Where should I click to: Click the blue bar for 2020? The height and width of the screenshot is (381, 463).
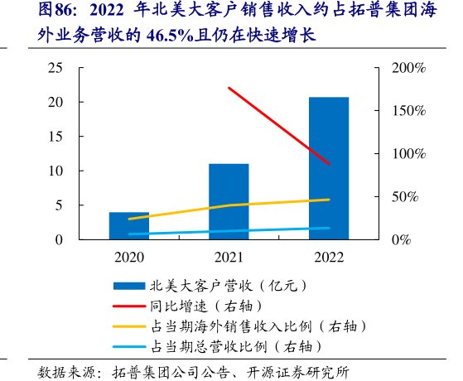tap(129, 225)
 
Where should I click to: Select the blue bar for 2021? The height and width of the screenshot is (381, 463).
tap(229, 201)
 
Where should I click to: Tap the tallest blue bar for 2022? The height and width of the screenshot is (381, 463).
tap(329, 168)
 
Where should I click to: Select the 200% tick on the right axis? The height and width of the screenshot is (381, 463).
tap(407, 67)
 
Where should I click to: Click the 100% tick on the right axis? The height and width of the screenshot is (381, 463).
tap(407, 153)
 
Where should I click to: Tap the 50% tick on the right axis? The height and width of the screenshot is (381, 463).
tap(403, 196)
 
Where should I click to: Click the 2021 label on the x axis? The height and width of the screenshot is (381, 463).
tap(229, 257)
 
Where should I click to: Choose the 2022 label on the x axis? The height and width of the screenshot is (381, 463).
tap(329, 257)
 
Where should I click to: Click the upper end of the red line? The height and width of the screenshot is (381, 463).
tap(229, 88)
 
